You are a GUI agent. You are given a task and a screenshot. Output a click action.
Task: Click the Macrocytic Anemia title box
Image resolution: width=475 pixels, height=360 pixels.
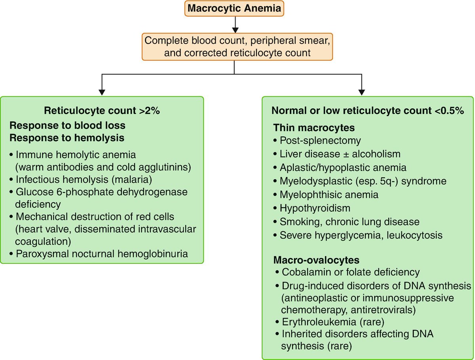[x=235, y=8]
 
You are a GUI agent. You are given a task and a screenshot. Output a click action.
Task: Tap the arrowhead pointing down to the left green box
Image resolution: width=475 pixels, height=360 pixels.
[x=102, y=91]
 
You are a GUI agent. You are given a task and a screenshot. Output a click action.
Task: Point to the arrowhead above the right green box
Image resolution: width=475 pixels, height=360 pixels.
[x=362, y=91]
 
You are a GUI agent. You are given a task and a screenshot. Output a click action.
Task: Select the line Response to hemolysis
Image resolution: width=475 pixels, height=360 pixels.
[x=68, y=138]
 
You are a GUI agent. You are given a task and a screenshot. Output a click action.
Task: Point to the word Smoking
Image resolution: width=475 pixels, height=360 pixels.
[x=295, y=222]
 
